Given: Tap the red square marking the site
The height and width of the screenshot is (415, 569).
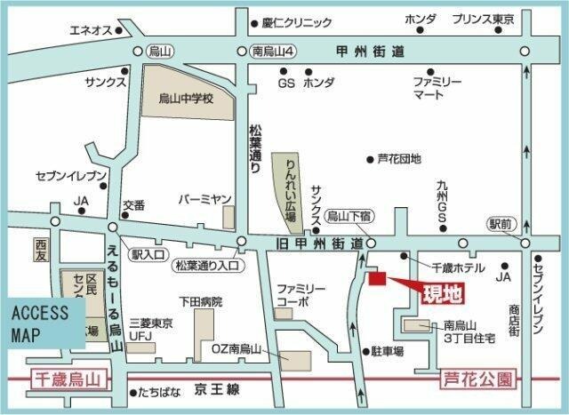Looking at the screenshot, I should (x=377, y=280).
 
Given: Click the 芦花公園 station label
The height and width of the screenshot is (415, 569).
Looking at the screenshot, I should (x=478, y=380).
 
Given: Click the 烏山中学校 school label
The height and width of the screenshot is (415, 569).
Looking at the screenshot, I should (x=187, y=99).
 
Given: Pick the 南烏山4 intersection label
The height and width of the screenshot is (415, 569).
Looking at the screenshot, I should (x=272, y=51).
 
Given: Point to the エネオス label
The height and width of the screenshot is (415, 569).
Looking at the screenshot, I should (x=90, y=30).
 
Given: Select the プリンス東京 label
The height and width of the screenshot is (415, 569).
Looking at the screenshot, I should (x=484, y=19).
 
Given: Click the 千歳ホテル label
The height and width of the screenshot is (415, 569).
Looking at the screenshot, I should (x=457, y=267).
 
